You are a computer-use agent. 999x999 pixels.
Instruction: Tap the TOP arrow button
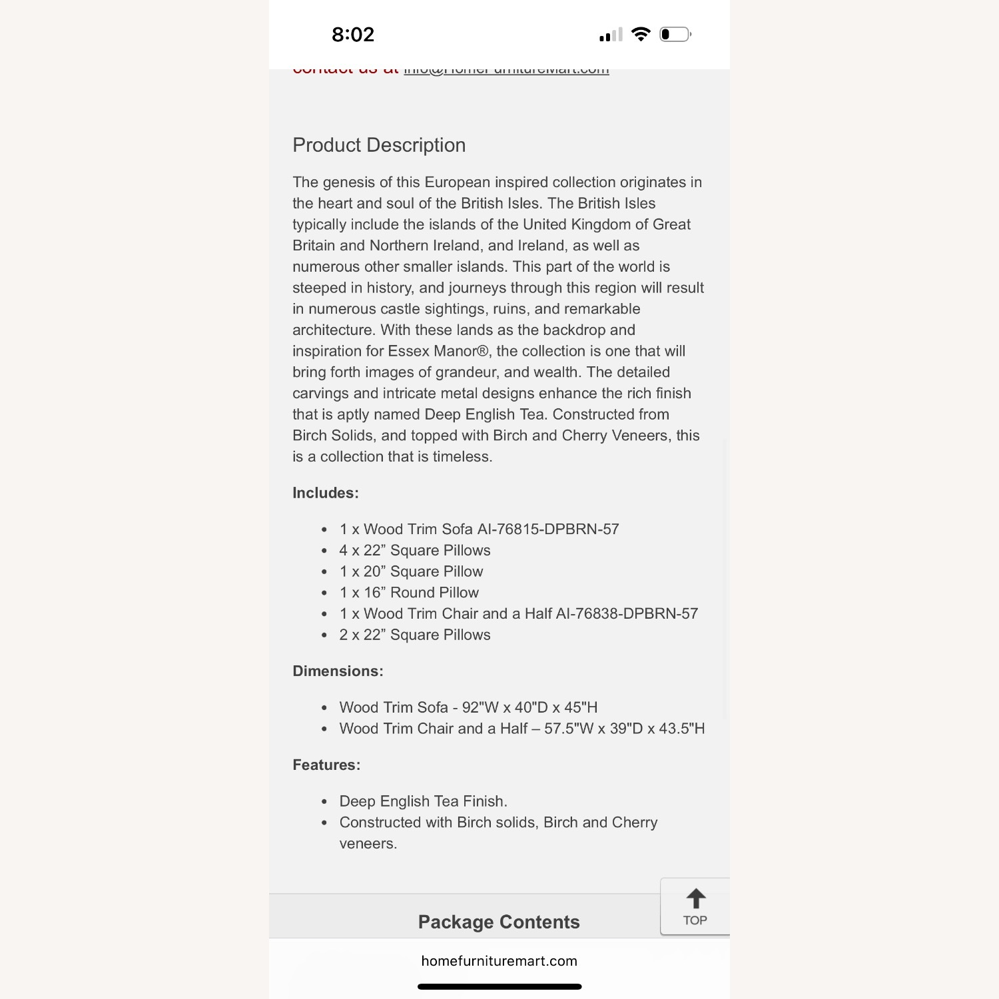(x=695, y=906)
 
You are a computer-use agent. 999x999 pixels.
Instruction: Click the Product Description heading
(x=379, y=145)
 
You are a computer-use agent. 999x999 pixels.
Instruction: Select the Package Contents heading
(x=499, y=922)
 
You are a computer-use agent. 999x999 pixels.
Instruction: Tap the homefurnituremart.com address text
(x=499, y=961)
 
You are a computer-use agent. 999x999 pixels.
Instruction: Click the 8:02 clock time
(x=353, y=35)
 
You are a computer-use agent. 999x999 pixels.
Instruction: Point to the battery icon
(x=675, y=34)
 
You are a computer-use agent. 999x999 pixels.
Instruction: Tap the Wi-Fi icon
(x=641, y=34)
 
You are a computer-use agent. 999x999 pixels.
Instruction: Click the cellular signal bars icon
(x=611, y=35)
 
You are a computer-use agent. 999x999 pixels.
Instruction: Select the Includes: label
(x=326, y=493)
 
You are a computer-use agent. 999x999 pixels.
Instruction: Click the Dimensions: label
(x=338, y=671)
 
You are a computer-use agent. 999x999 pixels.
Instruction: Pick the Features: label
(x=326, y=765)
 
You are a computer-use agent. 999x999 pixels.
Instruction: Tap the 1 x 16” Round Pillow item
(x=409, y=593)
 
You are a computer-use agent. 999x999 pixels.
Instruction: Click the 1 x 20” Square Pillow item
(x=411, y=571)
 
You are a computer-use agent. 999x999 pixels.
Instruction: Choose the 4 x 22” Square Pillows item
(x=415, y=551)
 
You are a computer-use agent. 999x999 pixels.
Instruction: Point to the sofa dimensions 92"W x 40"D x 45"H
(x=529, y=707)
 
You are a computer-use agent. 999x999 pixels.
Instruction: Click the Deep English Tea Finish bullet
(x=423, y=801)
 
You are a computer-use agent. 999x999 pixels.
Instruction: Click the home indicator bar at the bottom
(x=499, y=986)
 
